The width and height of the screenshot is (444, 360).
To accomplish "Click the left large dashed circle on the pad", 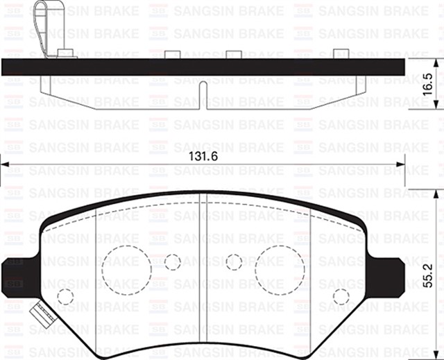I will coord(127,268).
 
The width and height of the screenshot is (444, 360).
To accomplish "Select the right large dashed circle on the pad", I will coord(280,269).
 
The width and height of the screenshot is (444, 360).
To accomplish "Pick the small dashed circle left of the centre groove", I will coord(172,262).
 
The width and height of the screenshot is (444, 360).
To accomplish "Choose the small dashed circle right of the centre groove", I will coord(234,262).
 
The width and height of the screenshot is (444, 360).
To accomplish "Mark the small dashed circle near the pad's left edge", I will coord(65,296).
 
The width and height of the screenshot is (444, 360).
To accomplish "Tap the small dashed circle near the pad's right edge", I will coord(340,296).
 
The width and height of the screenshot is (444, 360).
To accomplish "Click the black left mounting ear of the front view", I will coord(15,275).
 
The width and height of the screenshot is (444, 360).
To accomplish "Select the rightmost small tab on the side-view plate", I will coord(341,54).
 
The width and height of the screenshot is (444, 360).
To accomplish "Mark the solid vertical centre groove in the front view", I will coord(201,271).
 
